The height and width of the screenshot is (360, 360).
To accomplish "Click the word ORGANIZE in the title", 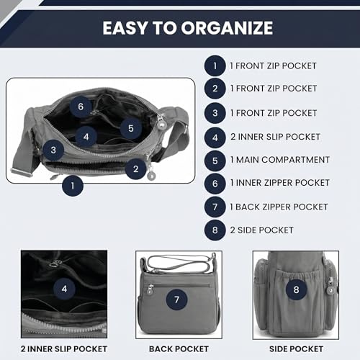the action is (x=227, y=28).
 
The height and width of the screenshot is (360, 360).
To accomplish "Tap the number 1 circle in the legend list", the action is (x=215, y=66).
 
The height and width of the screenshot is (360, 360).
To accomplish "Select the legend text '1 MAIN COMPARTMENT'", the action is (x=280, y=160).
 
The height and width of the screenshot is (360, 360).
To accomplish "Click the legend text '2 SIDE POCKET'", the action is (x=261, y=230).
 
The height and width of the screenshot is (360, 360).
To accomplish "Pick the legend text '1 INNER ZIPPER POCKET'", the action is (x=279, y=183).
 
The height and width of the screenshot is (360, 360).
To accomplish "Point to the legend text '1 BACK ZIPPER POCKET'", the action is (x=279, y=207).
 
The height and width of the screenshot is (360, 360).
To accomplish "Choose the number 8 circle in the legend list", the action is (x=215, y=230).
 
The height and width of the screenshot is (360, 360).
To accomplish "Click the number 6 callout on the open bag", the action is (x=81, y=107).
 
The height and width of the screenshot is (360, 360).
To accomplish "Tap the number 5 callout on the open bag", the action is (x=131, y=128).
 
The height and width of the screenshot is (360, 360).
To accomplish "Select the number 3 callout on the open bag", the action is (x=53, y=150).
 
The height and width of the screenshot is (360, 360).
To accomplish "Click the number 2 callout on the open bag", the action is (x=136, y=169).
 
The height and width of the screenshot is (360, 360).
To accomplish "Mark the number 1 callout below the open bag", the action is (x=73, y=186).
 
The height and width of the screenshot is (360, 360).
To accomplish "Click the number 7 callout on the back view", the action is (x=177, y=300).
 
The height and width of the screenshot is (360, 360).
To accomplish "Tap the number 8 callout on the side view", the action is (x=297, y=289).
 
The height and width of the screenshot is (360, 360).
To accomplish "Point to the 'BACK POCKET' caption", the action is (x=179, y=349).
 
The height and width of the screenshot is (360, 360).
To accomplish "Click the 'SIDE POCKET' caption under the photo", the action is (x=296, y=349).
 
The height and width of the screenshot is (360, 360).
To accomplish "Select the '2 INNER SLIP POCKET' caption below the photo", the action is (x=64, y=349).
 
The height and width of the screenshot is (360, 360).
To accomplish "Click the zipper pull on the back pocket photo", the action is (x=150, y=289).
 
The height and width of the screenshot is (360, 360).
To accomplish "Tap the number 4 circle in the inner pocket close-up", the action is (x=64, y=289).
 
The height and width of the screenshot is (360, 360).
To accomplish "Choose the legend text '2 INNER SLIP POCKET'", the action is (x=275, y=137).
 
